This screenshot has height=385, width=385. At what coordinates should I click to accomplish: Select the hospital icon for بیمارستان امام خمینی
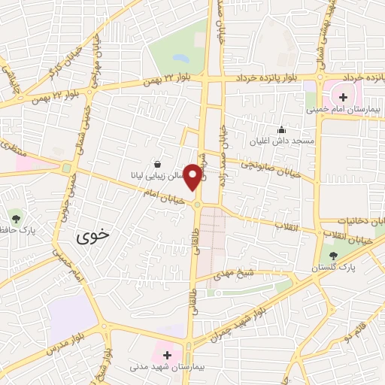(343, 96)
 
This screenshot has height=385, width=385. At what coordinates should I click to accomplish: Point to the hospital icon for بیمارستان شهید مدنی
(167, 353)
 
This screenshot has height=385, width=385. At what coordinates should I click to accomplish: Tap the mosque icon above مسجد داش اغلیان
(282, 129)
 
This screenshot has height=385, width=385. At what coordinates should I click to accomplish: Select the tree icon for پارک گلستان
(333, 256)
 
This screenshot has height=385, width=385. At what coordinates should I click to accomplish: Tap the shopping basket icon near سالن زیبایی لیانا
(157, 164)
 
